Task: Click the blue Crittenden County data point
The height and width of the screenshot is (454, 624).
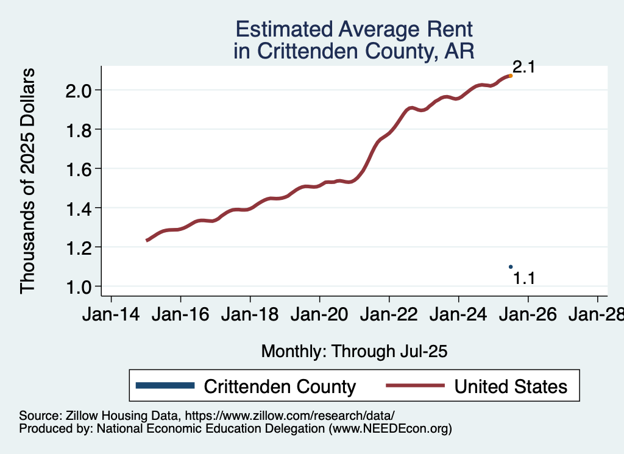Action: [x=511, y=266]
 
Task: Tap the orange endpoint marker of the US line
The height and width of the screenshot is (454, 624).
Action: [x=511, y=76]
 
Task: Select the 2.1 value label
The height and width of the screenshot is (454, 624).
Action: [x=523, y=67]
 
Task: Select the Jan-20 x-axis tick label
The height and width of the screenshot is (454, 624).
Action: [x=319, y=315]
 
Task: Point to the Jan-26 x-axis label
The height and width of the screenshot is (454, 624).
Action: [x=528, y=315]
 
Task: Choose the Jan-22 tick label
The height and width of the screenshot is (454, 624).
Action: [x=389, y=315]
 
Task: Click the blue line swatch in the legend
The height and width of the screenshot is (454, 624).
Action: [x=166, y=386]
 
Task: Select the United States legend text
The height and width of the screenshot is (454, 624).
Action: [x=511, y=386]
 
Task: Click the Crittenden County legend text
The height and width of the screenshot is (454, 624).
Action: [x=280, y=386]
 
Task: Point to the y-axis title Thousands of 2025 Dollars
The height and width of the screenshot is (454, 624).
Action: [x=28, y=180]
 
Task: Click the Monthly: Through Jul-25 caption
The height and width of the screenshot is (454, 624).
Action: [x=354, y=352]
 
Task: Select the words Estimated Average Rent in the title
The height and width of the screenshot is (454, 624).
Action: [x=353, y=29]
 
